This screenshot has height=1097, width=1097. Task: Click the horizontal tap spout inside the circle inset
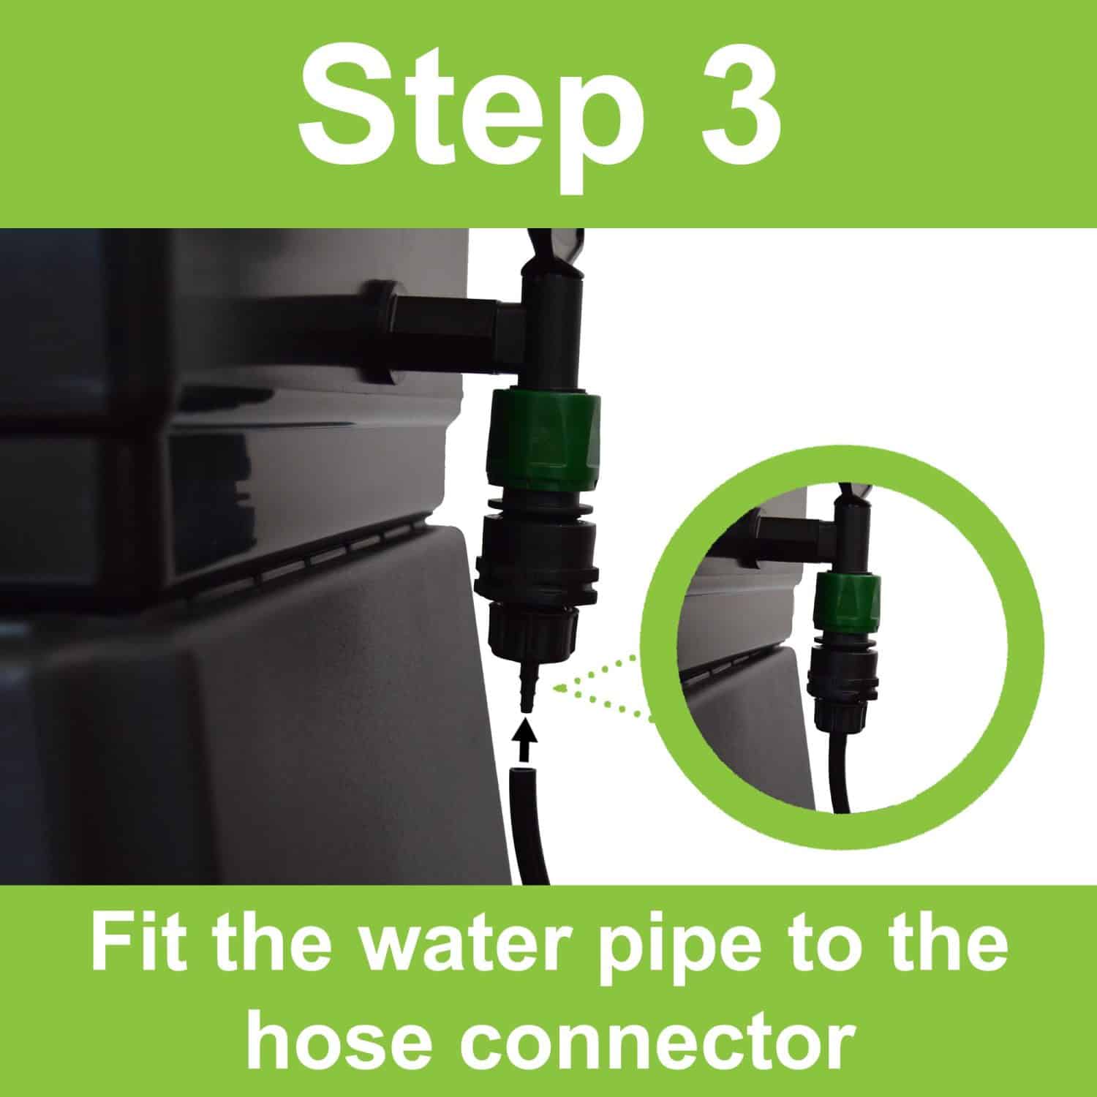click(790, 528)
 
